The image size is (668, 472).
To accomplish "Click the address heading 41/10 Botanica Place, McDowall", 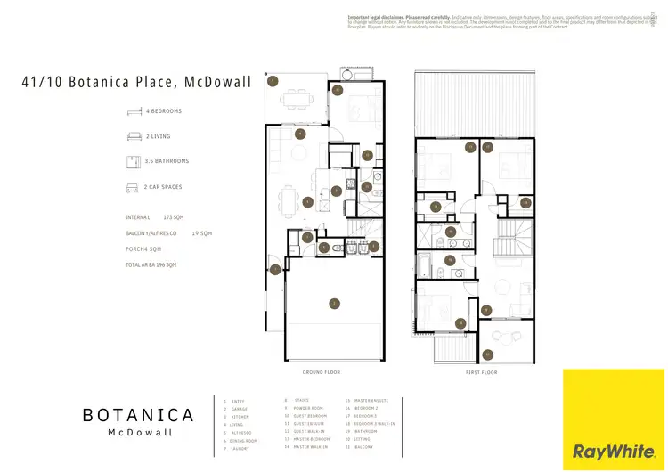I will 136,82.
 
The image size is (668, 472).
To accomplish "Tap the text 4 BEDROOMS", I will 163,111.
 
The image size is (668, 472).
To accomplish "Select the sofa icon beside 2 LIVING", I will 134,136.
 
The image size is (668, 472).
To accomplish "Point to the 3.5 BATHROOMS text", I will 167,161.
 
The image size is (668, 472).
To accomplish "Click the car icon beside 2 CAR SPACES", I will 134,188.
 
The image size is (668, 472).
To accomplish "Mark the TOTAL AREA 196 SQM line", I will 151,264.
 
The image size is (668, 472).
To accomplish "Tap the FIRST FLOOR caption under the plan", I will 480,371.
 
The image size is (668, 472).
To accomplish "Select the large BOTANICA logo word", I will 138,415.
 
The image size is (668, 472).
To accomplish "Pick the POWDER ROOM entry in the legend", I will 300,409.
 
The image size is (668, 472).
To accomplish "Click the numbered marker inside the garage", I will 334,303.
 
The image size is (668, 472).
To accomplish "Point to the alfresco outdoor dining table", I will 289,100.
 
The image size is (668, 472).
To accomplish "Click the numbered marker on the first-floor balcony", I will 487,354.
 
